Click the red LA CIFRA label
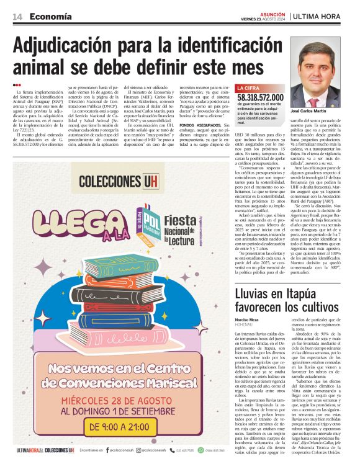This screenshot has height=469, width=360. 248,89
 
